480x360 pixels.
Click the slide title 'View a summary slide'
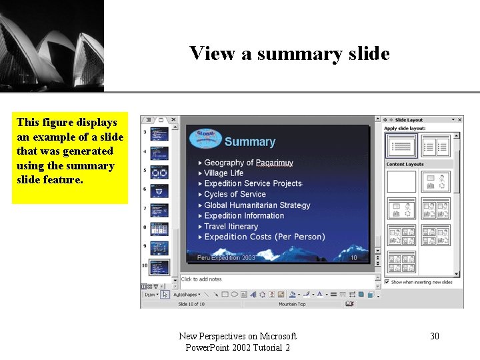[x=289, y=53]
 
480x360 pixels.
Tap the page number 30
[x=434, y=336]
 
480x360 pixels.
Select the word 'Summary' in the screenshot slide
[x=249, y=141]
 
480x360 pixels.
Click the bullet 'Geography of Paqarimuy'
[x=248, y=163]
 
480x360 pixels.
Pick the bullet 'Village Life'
[x=223, y=173]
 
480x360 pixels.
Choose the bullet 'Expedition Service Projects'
[x=253, y=183]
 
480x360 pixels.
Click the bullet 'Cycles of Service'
[x=235, y=194]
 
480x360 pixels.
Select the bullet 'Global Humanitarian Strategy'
[x=257, y=205]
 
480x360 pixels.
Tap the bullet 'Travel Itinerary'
[x=231, y=226]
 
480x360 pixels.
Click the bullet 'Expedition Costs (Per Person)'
[x=264, y=237]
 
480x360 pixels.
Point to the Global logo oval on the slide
[x=205, y=137]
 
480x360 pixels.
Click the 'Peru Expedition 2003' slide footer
[x=226, y=257]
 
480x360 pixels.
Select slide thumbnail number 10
[x=159, y=267]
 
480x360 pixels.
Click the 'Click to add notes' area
[x=201, y=279]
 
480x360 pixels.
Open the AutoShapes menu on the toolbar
[x=187, y=294]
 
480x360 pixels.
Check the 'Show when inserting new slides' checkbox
[x=387, y=282]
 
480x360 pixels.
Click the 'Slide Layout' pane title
[x=409, y=120]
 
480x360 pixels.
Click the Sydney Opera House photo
[x=51, y=45]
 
